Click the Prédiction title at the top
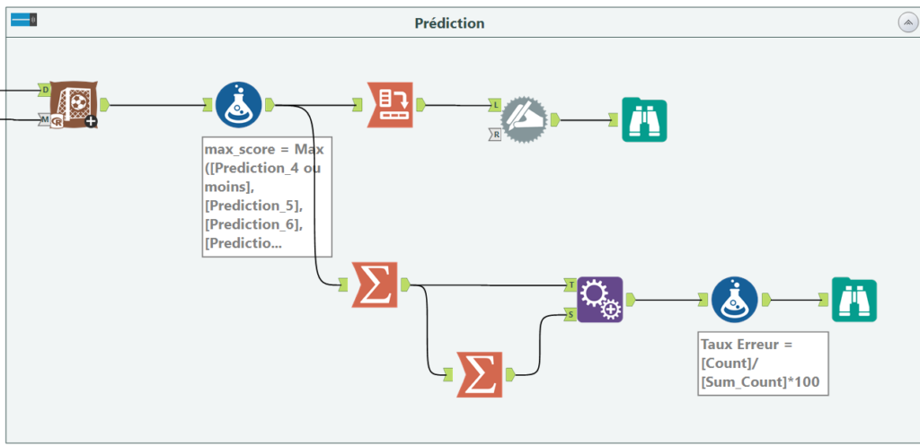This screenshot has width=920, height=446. (449, 23)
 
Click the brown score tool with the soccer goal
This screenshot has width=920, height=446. (74, 104)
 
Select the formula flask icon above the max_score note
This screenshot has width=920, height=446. (238, 105)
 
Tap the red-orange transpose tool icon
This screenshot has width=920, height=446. (390, 105)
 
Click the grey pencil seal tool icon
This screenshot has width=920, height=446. (524, 120)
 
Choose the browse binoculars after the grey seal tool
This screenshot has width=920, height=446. (644, 121)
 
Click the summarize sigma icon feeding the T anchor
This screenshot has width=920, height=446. (375, 284)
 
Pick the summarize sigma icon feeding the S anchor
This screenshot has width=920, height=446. (480, 374)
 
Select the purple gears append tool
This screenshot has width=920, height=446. (599, 300)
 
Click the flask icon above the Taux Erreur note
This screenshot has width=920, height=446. (735, 300)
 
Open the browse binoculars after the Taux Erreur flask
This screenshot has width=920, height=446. (854, 300)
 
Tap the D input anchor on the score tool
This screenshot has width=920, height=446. (45, 90)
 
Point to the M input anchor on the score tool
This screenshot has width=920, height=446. (45, 119)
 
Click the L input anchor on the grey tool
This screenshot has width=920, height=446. (495, 106)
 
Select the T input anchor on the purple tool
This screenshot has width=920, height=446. (571, 284)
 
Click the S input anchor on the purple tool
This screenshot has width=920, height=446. (571, 315)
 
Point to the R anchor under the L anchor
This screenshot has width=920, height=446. (495, 136)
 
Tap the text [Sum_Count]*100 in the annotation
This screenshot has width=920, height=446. (760, 382)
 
